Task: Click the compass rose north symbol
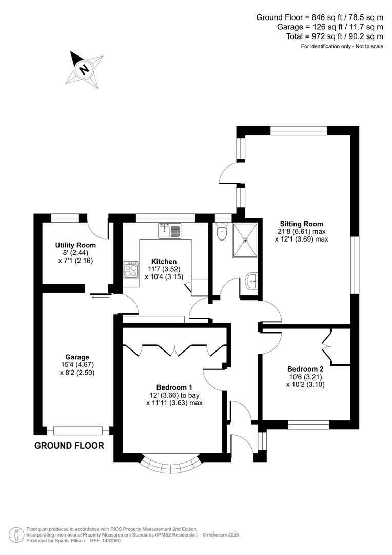point(83,68)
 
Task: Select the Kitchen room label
point(164,262)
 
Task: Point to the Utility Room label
point(75,245)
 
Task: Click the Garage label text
point(77,357)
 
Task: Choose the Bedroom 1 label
point(174,387)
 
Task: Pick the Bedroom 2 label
point(305,368)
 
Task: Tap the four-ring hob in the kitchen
point(131,270)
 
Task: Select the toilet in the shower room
point(222,232)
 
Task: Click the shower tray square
point(245,240)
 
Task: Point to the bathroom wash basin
point(251,281)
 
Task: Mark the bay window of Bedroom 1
point(169,465)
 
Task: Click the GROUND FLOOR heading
point(69,446)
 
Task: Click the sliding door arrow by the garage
point(100,295)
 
